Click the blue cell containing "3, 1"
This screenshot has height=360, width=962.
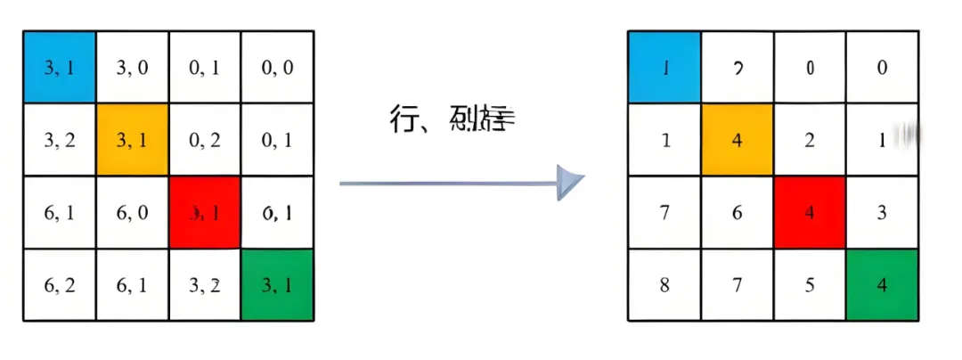coord(59,67)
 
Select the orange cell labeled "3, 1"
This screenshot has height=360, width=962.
coord(132,139)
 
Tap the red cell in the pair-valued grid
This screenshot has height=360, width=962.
coord(205,212)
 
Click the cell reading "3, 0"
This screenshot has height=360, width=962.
coord(132,67)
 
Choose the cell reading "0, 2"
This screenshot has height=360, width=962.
coord(205,139)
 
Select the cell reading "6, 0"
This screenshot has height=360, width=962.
coord(132,212)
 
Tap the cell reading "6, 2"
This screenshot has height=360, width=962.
coord(59,285)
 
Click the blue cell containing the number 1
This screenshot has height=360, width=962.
coord(664,68)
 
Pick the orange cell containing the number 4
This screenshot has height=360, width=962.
coord(737,140)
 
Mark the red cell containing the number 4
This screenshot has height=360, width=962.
coord(810,213)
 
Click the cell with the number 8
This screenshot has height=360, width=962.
coord(664,286)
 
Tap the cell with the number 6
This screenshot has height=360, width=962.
coord(737,213)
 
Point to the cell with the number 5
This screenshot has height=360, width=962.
coord(810,286)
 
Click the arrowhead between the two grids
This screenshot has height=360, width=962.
coord(570,183)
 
